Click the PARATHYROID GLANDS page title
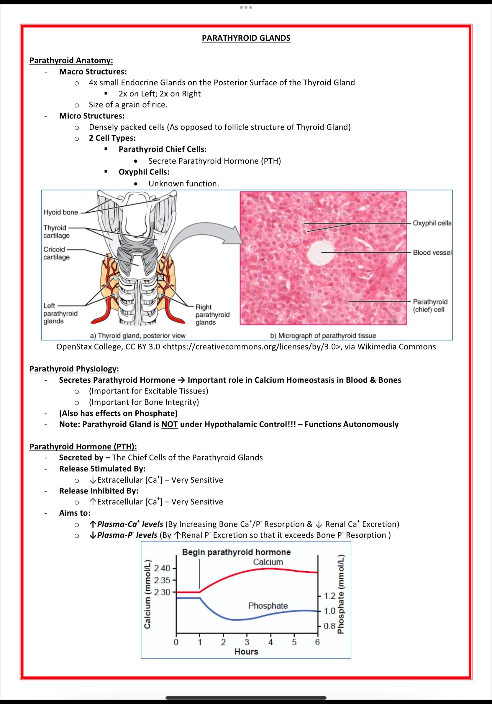[246, 38]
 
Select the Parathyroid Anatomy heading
[71, 60]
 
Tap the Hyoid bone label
[61, 212]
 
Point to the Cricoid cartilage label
[56, 253]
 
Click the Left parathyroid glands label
[60, 313]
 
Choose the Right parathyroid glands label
[212, 315]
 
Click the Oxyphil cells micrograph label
[432, 223]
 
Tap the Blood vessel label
[432, 252]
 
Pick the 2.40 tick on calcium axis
[162, 568]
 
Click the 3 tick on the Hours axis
[247, 642]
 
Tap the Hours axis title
[246, 651]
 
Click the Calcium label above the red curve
[268, 562]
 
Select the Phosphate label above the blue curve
[268, 605]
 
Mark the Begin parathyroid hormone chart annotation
[236, 552]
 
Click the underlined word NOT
[170, 424]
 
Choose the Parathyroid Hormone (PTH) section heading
[83, 446]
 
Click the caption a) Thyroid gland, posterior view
[138, 335]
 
